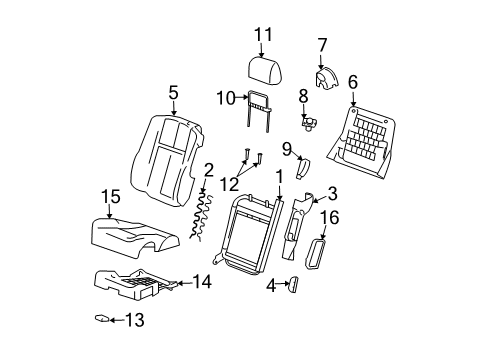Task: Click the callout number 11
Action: click(263, 35)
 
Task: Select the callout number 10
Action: click(224, 97)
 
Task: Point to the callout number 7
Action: click(322, 44)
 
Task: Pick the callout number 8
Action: click(302, 96)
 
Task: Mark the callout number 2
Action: click(207, 169)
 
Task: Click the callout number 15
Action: click(110, 198)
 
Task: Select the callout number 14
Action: click(201, 283)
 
